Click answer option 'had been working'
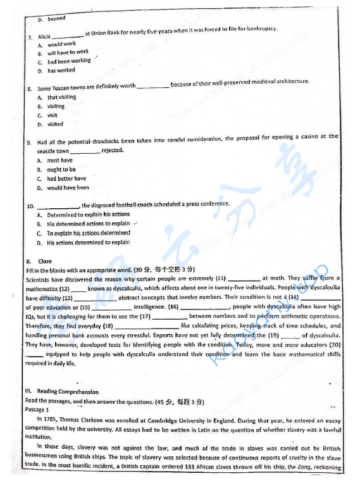[x=69, y=61]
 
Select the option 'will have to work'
[x=68, y=53]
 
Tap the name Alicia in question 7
[x=44, y=37]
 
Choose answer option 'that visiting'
[x=61, y=97]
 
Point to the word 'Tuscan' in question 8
[x=61, y=88]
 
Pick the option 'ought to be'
[x=61, y=170]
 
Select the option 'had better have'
[x=66, y=179]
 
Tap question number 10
[x=30, y=206]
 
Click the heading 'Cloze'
[x=45, y=261]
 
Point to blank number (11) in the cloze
[x=221, y=278]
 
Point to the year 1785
[x=53, y=419]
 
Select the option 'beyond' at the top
[x=56, y=19]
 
